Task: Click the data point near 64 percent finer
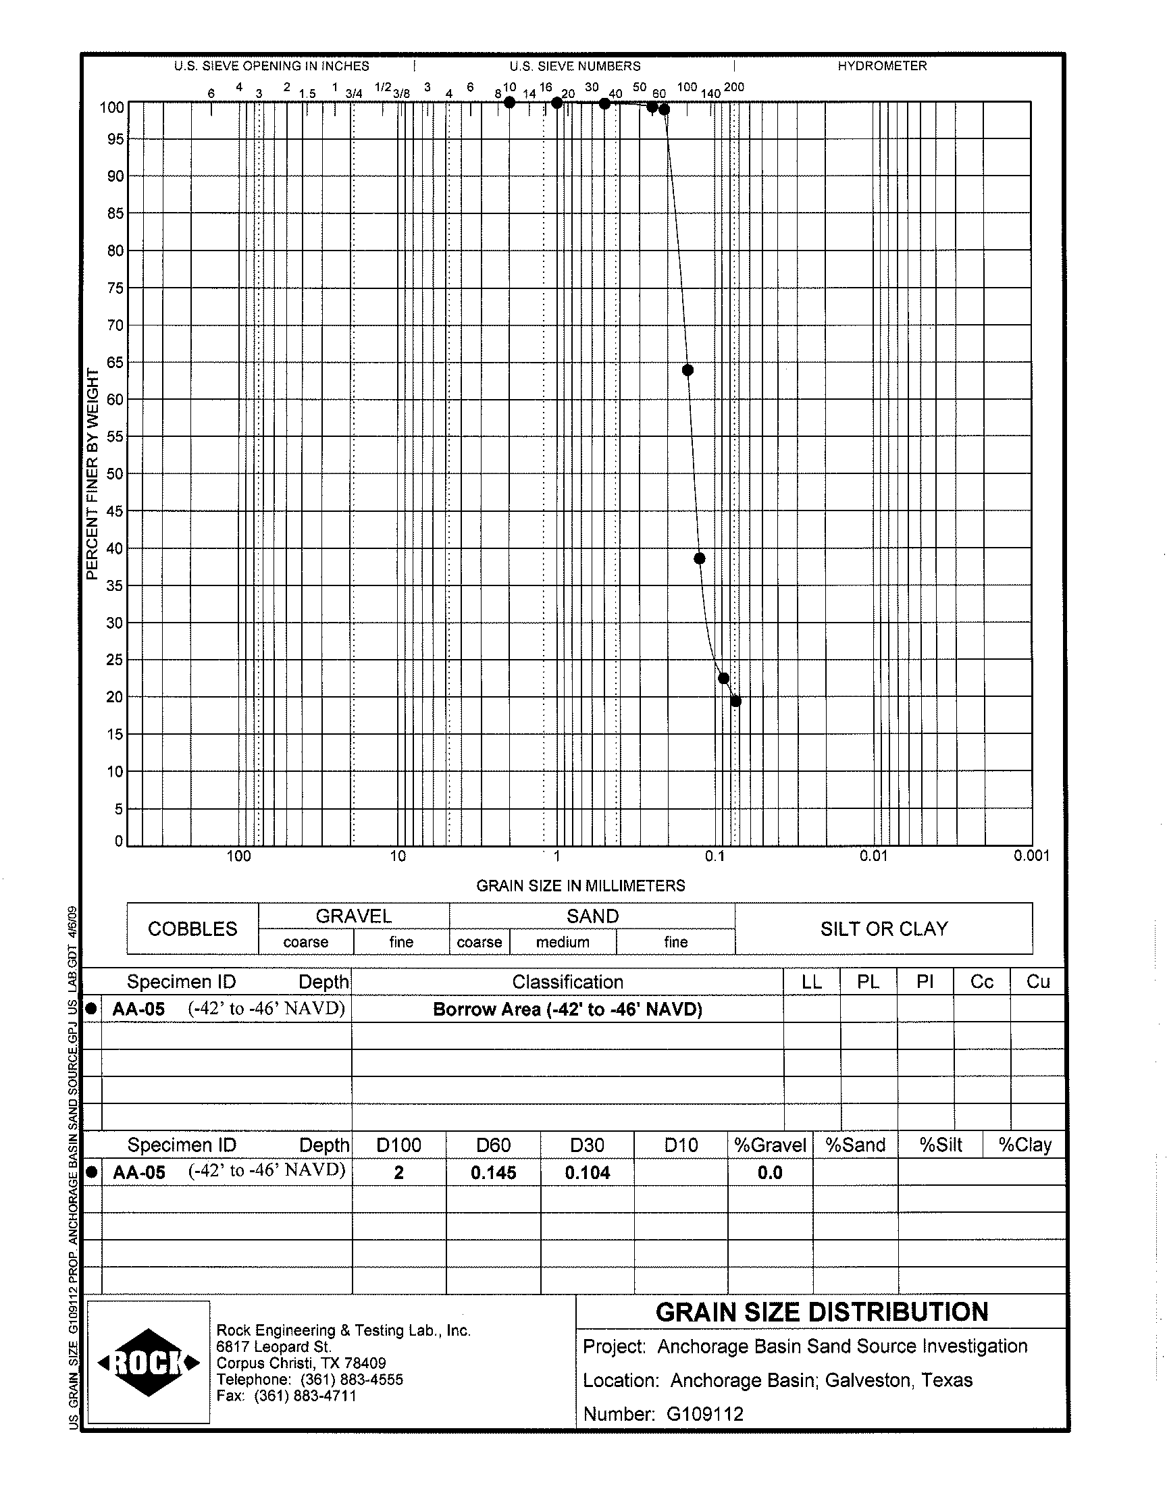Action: tap(688, 370)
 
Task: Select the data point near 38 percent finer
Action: tap(699, 558)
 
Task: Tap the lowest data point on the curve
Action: tap(735, 702)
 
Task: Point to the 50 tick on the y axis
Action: tap(115, 474)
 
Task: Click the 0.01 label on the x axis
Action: tap(873, 856)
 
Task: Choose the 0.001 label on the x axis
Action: tap(1031, 856)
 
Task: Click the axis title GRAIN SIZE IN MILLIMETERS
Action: tap(580, 886)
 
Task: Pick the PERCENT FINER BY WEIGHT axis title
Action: tap(93, 474)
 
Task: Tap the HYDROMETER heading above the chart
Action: tap(882, 66)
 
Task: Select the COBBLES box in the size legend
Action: tap(192, 929)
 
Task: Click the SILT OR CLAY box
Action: tap(884, 929)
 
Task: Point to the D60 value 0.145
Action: tap(493, 1174)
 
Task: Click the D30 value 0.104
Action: tap(587, 1174)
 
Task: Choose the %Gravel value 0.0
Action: tap(770, 1174)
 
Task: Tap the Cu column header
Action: tap(1038, 982)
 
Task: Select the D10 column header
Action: tap(681, 1145)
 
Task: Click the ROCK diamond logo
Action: tap(149, 1363)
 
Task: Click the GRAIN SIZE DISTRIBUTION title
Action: tap(822, 1312)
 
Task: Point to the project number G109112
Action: tap(704, 1414)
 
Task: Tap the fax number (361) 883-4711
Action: tap(305, 1396)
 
